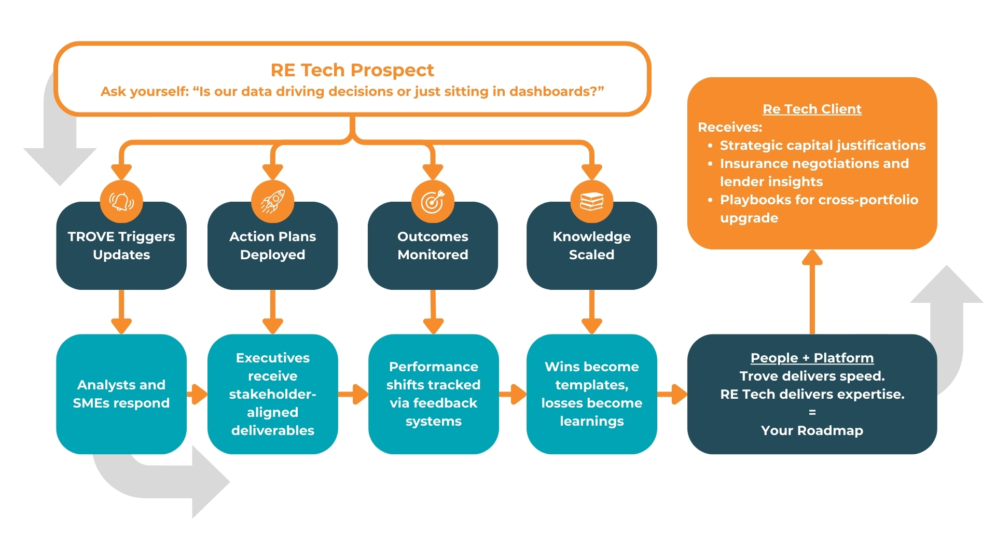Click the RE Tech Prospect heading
(x=352, y=70)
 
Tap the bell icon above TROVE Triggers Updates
(x=121, y=201)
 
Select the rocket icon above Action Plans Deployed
(x=272, y=201)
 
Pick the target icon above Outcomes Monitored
(x=433, y=201)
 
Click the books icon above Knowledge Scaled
(x=591, y=201)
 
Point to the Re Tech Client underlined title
(x=812, y=109)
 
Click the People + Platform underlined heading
(x=812, y=358)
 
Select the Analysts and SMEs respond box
(x=121, y=394)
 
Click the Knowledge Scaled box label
(x=591, y=245)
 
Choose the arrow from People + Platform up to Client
(x=812, y=290)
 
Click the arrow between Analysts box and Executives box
(x=197, y=394)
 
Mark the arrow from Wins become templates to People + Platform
(x=672, y=394)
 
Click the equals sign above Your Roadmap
(x=812, y=412)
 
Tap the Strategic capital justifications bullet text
(x=823, y=145)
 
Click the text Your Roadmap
(x=812, y=430)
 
